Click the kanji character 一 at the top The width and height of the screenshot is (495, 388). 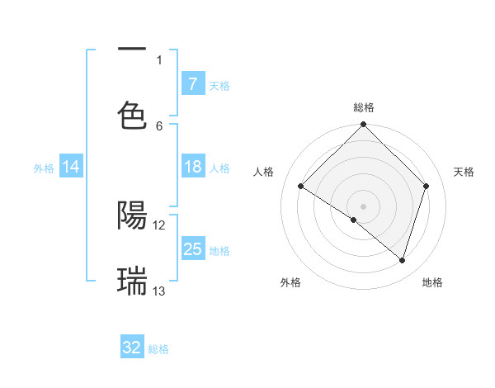(x=132, y=50)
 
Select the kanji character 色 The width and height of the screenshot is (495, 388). (x=132, y=115)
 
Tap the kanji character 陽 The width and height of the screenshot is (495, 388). (x=132, y=215)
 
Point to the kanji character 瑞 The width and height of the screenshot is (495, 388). (x=132, y=281)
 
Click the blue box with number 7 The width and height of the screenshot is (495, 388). (x=192, y=83)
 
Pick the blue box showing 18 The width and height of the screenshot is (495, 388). (x=192, y=167)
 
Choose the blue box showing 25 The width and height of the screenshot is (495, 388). (x=192, y=249)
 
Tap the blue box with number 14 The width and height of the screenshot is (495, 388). (x=71, y=167)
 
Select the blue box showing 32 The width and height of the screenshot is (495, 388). (x=132, y=348)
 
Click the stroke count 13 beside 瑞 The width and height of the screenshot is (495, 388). (x=159, y=291)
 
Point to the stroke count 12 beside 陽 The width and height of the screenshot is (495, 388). (x=159, y=225)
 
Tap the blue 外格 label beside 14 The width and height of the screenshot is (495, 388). (x=44, y=168)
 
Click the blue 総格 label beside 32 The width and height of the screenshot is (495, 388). (x=158, y=349)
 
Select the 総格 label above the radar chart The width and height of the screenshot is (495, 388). (x=364, y=107)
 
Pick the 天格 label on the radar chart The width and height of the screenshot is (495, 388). (x=464, y=172)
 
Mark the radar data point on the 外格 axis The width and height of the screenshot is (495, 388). (x=354, y=220)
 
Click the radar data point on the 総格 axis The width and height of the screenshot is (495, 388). (x=364, y=125)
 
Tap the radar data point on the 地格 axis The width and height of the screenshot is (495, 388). (x=403, y=260)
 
